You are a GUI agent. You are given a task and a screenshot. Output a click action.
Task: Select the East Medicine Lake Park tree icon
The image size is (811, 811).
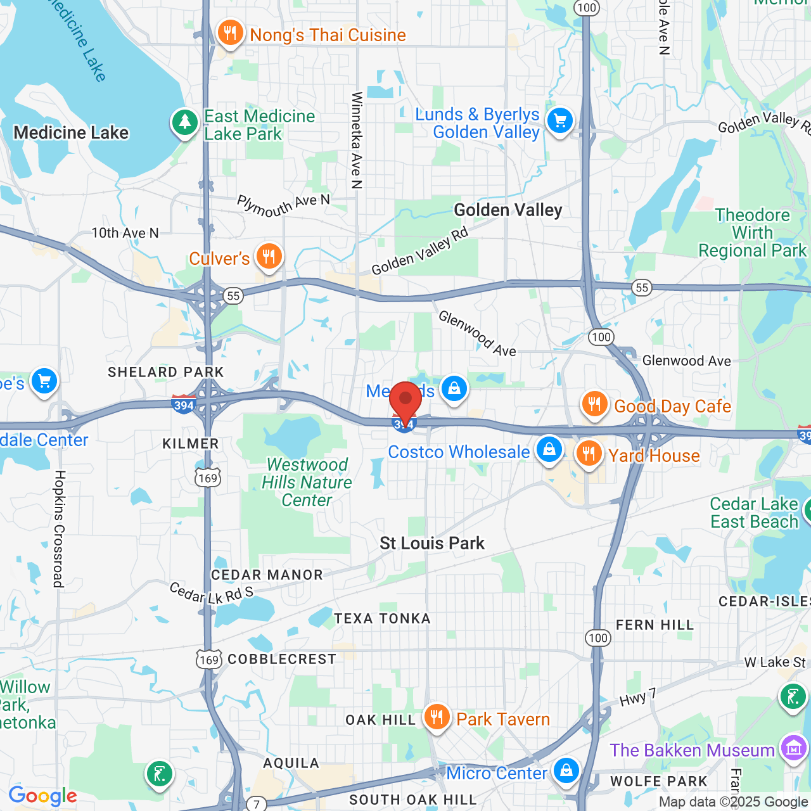click(184, 122)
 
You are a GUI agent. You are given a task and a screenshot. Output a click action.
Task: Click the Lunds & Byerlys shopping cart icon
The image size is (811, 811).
click(560, 120)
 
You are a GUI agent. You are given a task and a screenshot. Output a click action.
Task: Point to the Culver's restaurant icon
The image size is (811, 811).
click(269, 257)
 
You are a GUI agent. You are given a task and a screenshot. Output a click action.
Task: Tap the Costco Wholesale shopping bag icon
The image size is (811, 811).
click(549, 449)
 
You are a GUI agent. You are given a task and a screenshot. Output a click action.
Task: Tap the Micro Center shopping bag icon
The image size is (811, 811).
click(566, 770)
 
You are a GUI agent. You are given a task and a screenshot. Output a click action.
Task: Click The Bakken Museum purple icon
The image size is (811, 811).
click(793, 748)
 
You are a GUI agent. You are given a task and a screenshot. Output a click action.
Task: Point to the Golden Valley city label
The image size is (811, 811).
click(508, 210)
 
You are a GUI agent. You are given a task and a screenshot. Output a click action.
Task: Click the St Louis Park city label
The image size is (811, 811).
click(432, 543)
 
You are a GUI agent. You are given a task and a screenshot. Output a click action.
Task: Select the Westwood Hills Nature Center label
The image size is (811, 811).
click(307, 482)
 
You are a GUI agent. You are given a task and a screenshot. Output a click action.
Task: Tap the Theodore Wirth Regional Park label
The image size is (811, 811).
click(752, 233)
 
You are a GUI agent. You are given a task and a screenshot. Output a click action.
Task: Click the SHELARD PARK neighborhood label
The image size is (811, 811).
click(166, 372)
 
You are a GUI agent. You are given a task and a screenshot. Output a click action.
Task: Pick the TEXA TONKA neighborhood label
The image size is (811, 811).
click(382, 618)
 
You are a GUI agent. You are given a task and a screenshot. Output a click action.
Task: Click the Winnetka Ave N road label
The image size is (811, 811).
click(357, 140)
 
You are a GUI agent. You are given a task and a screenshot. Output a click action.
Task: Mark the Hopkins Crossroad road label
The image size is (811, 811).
click(59, 528)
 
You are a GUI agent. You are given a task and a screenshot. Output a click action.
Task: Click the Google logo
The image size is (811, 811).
click(42, 796)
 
